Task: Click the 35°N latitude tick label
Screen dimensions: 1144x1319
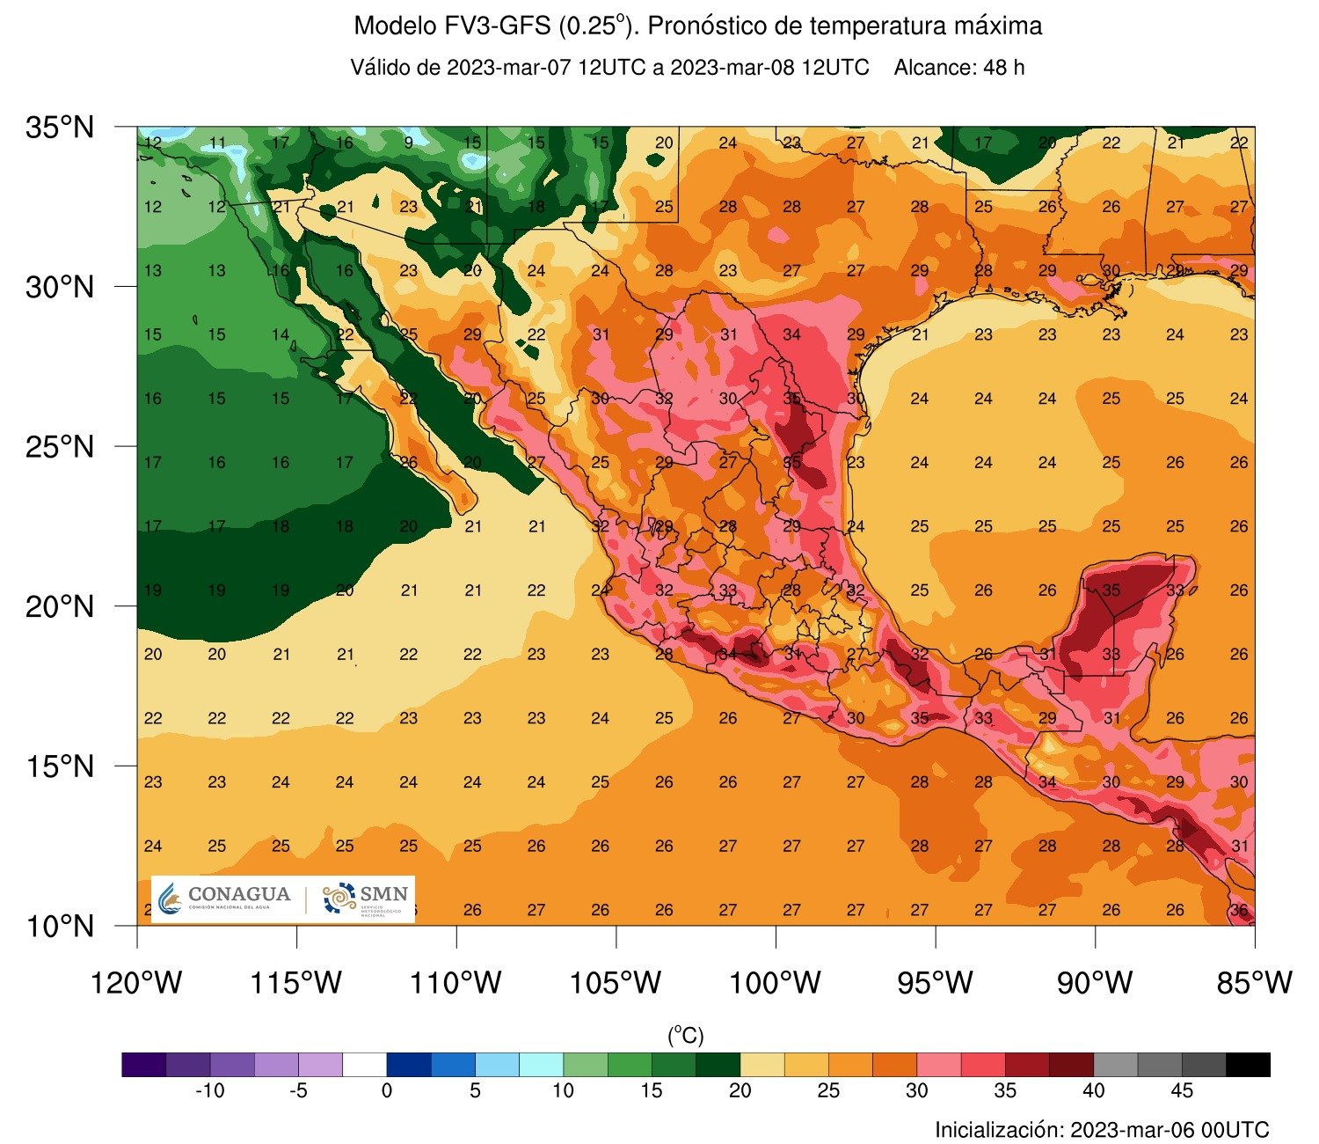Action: pos(59,128)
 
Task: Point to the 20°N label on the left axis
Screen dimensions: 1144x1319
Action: pos(59,606)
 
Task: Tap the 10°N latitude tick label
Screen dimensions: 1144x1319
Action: pos(59,926)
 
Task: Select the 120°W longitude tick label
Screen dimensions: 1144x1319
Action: pos(137,982)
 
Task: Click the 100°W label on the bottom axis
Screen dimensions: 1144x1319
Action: pos(776,982)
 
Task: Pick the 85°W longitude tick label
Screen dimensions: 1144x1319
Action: pos(1254,982)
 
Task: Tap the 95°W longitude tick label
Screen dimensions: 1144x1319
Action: pos(936,982)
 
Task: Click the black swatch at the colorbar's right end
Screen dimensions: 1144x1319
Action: pos(1248,1065)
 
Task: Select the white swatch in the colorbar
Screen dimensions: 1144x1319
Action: pos(365,1065)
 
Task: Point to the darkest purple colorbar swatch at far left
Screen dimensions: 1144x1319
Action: pos(144,1065)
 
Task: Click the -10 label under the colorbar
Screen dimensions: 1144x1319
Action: pos(209,1091)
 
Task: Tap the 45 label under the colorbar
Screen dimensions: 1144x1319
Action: pos(1182,1091)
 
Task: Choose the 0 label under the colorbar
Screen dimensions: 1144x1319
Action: pos(387,1091)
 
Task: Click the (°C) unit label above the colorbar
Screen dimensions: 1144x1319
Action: pos(686,1035)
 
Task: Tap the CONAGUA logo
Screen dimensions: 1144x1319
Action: pos(226,898)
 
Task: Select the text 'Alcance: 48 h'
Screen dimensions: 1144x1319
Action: pos(959,68)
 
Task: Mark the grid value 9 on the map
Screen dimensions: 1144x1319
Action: pos(409,143)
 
